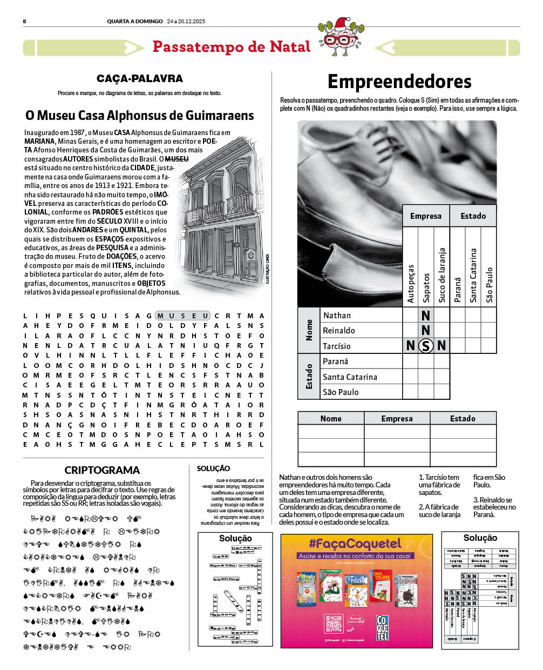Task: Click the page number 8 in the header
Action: click(24, 22)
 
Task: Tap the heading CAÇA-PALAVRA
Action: click(140, 79)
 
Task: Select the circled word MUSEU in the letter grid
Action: click(182, 316)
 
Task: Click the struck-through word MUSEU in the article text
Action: click(177, 159)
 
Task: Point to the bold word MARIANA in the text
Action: click(39, 141)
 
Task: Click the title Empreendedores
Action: click(399, 82)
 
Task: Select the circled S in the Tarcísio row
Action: click(426, 346)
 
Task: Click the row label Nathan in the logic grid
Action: click(337, 316)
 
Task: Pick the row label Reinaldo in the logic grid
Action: click(339, 331)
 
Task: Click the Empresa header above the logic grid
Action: click(425, 216)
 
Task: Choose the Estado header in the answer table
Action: click(463, 419)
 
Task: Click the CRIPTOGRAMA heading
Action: click(102, 470)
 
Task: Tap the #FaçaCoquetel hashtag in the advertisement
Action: click(355, 544)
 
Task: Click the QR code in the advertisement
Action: click(334, 624)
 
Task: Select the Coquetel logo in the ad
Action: click(382, 628)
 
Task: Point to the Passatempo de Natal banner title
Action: click(231, 47)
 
